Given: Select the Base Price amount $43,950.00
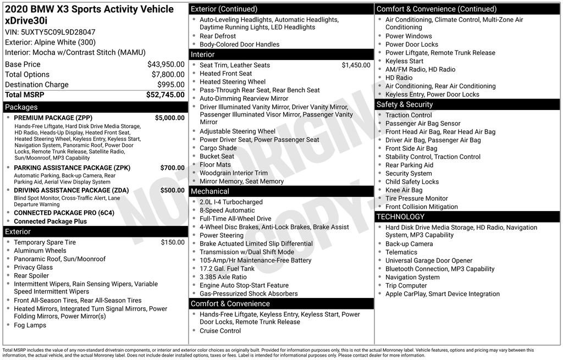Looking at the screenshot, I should tap(165, 64).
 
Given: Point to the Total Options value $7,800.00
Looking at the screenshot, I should tap(168, 75).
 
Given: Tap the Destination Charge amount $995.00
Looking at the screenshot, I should tap(171, 85).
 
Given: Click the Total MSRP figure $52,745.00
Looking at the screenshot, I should tap(165, 95).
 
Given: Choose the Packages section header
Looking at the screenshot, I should tap(21, 107).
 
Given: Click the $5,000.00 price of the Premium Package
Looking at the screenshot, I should tap(169, 118).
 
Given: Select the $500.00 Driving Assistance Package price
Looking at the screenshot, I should tap(172, 190).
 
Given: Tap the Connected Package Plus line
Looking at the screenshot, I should tap(50, 221).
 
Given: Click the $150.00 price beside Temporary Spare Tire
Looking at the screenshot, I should tap(173, 242).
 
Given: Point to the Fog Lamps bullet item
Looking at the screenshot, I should tap(30, 325).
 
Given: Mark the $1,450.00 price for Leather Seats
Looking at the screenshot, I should tap(356, 65).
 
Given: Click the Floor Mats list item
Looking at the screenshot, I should tap(215, 164).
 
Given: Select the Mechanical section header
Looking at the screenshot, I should tap(210, 191).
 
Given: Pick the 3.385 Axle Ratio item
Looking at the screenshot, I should tap(223, 277).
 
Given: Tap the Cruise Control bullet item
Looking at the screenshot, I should tap(220, 331).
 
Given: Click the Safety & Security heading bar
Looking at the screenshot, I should tap(404, 104).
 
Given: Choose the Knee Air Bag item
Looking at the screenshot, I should tap(404, 190).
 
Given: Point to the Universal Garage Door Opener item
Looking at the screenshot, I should tap(429, 261).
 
